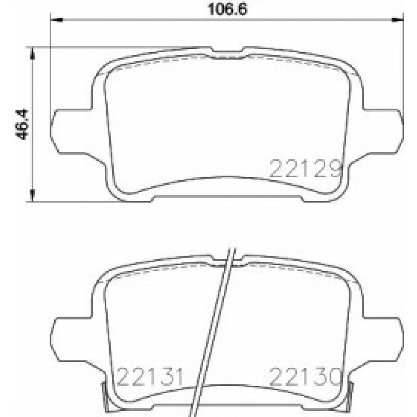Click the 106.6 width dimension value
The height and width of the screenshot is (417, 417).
pyautogui.click(x=228, y=9)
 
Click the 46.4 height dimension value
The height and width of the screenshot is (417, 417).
pyautogui.click(x=21, y=124)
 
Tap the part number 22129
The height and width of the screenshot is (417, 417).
pyautogui.click(x=306, y=169)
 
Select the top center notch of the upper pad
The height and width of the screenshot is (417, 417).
pyautogui.click(x=227, y=53)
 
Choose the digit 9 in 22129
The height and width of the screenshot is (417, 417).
pyautogui.click(x=335, y=169)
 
